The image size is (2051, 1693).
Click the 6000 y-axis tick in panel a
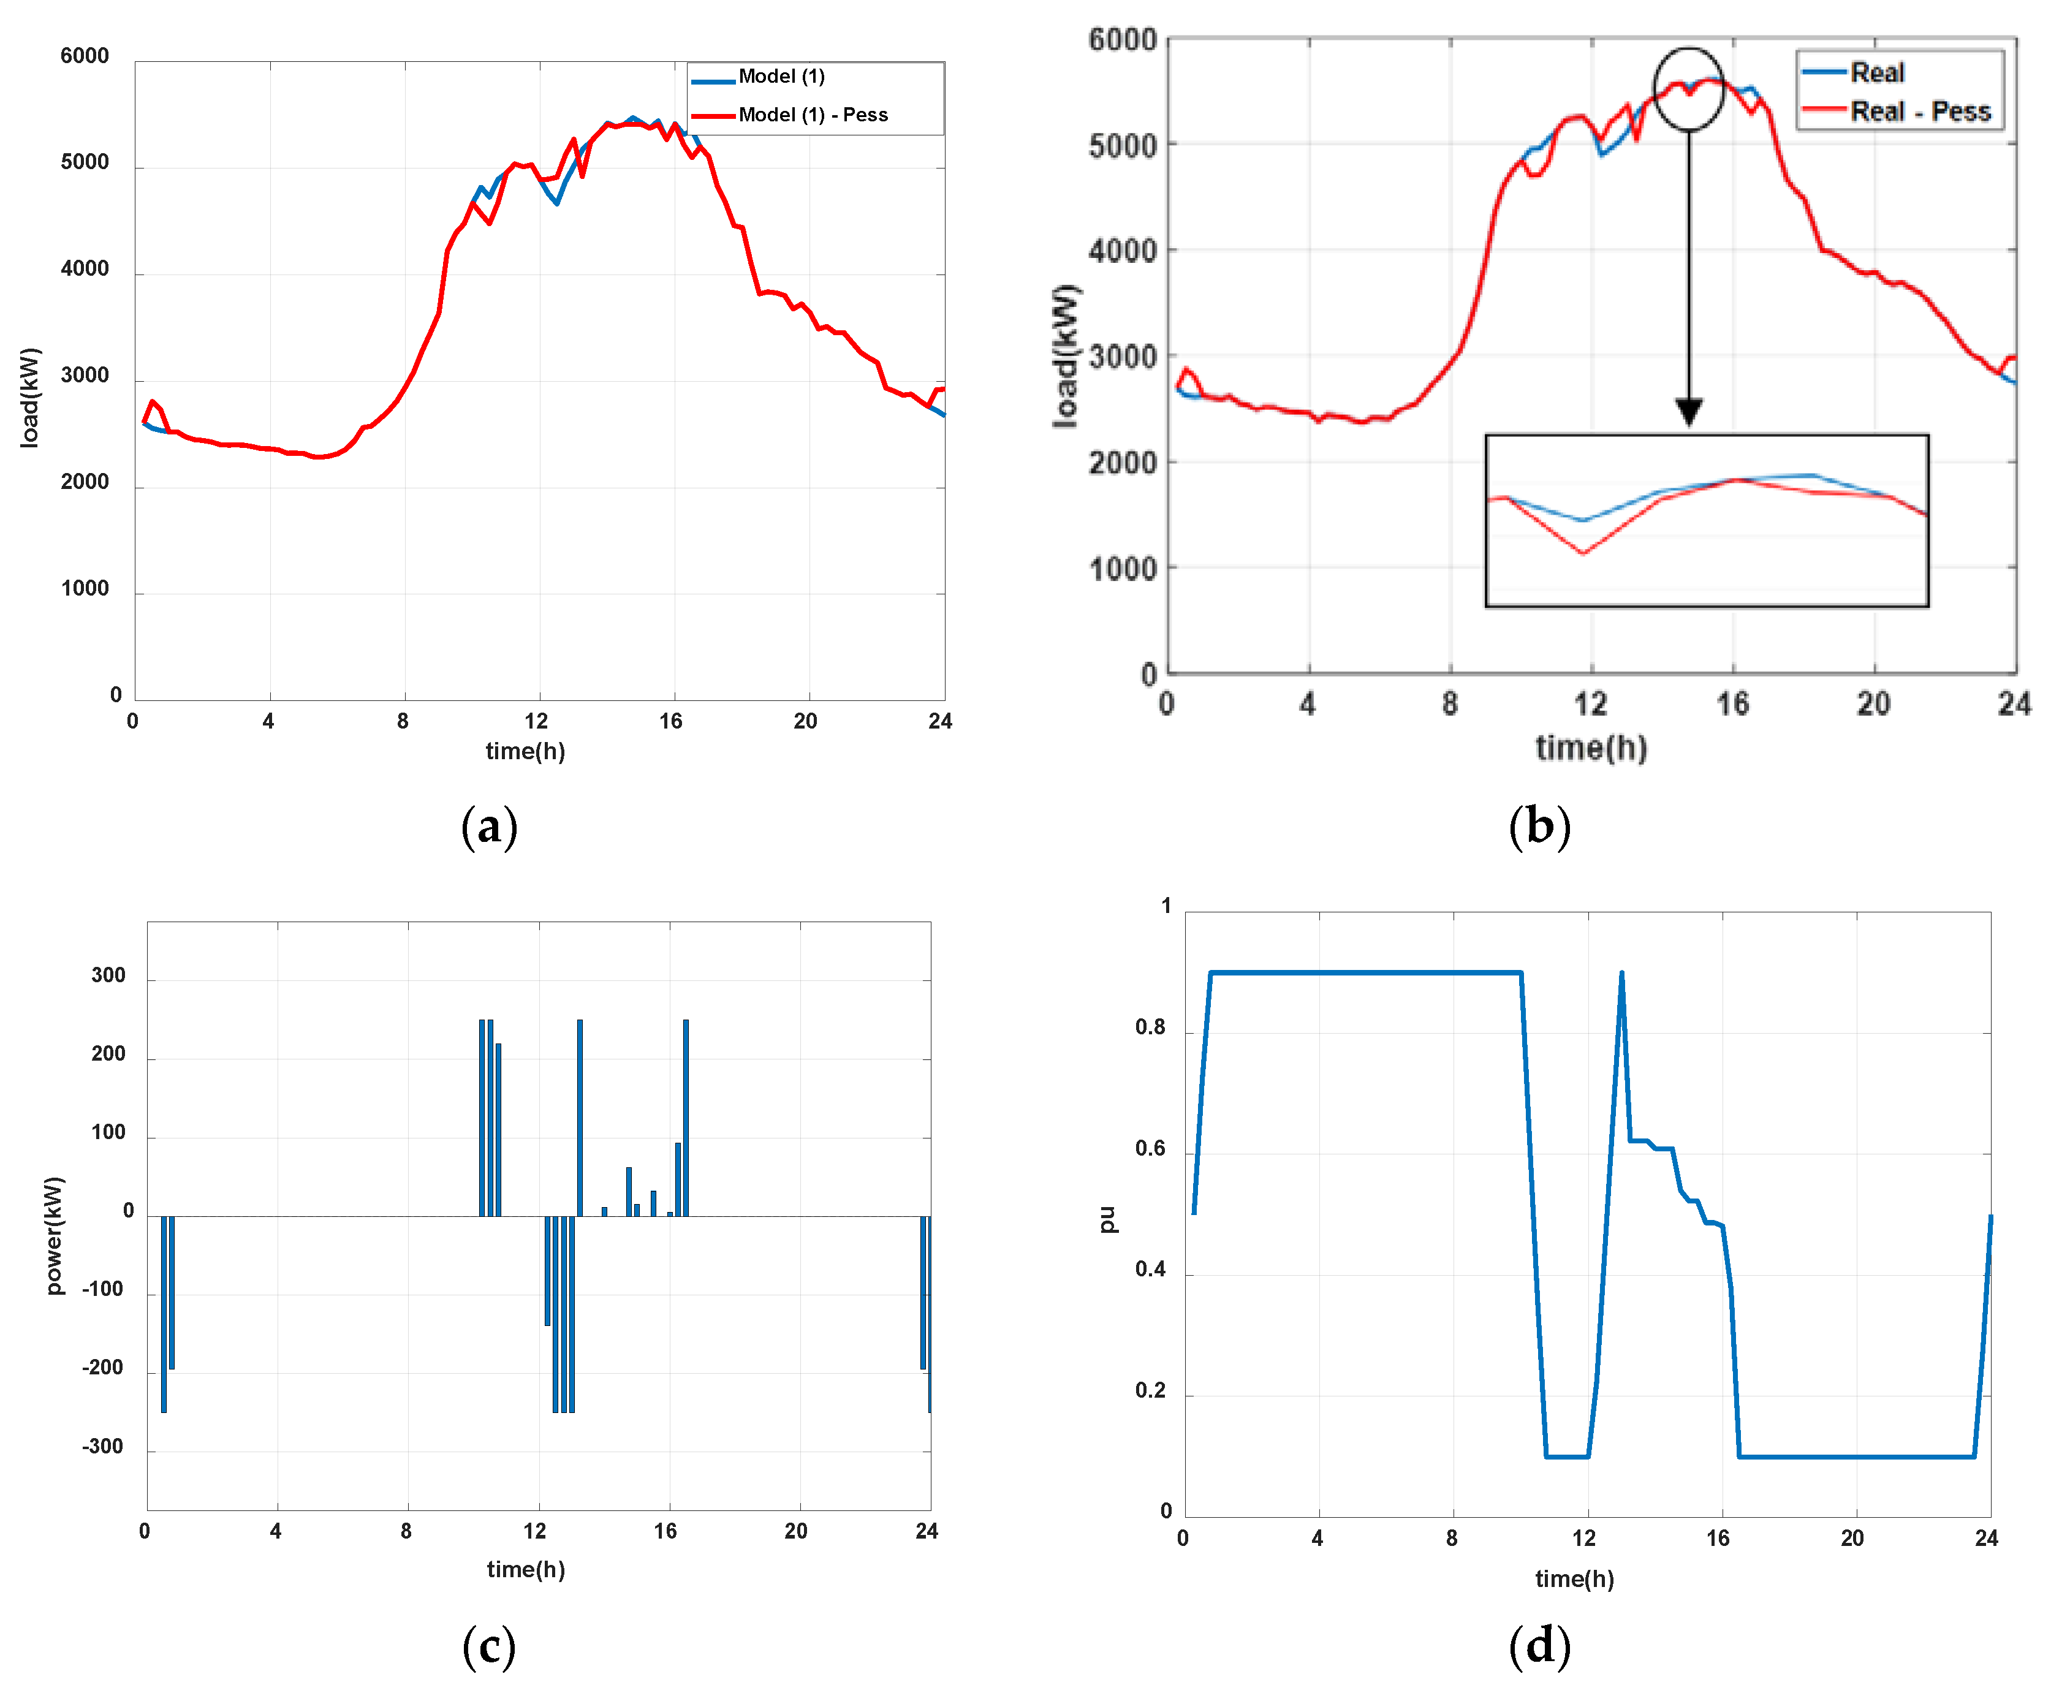click(85, 56)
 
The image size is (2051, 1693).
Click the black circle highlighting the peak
click(1688, 89)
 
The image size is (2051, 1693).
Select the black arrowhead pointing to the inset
click(1688, 412)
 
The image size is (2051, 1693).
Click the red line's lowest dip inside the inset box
click(1582, 553)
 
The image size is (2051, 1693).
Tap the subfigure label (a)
click(488, 827)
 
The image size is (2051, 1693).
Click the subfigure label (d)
click(1539, 1646)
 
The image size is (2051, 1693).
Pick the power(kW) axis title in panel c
click(55, 1236)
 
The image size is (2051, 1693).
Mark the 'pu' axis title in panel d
click(1107, 1219)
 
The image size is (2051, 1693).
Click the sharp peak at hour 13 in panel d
click(1621, 973)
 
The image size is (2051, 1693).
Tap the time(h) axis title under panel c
click(526, 1569)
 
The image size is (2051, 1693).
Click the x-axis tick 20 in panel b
click(1873, 704)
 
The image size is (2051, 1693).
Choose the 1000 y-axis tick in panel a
click(85, 588)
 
